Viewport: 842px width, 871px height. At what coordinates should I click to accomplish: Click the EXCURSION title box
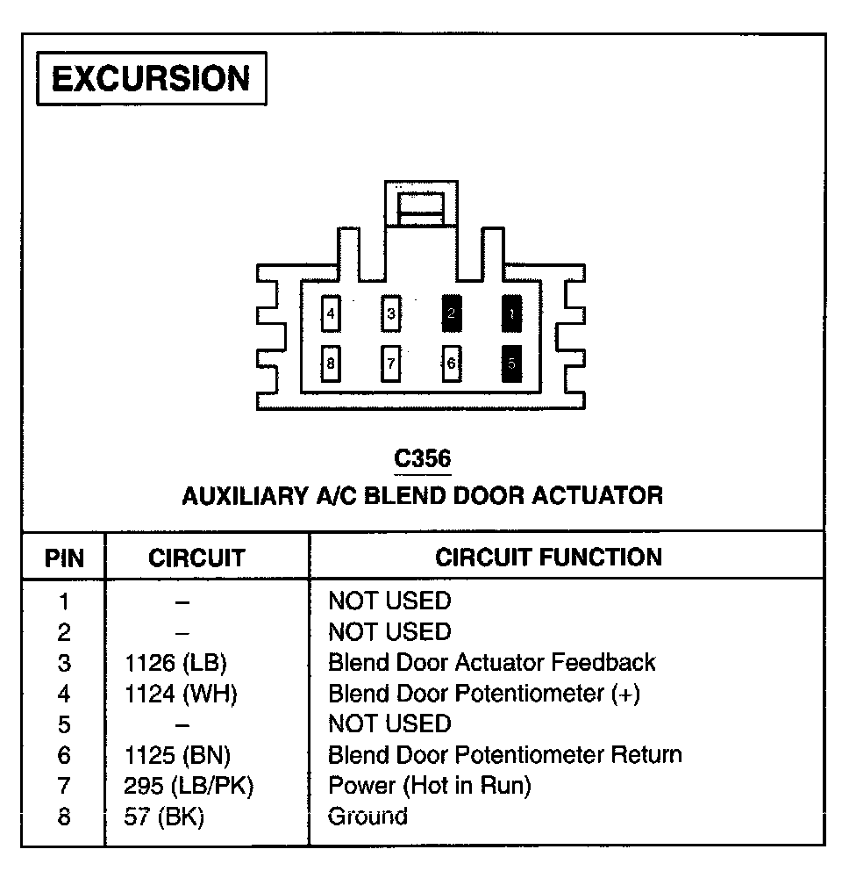click(151, 78)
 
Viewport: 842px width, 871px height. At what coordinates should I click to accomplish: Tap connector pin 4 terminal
click(331, 313)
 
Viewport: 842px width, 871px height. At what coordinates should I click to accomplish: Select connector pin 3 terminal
click(391, 313)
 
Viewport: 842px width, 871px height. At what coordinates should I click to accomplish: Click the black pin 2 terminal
click(452, 313)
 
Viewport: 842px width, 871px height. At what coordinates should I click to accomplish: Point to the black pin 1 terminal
click(511, 313)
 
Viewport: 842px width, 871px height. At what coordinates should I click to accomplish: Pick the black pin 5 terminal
click(511, 363)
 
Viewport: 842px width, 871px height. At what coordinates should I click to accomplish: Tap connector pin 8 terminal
click(331, 363)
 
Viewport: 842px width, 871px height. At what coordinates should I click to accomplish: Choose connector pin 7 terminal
click(391, 363)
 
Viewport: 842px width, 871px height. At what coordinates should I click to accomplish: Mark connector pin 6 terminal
click(452, 363)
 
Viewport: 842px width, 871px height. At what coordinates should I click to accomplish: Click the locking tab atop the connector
click(421, 208)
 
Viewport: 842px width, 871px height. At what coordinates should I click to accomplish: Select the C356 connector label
click(422, 459)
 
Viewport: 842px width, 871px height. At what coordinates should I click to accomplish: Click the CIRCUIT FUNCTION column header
click(548, 557)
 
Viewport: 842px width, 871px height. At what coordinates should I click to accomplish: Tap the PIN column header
click(64, 558)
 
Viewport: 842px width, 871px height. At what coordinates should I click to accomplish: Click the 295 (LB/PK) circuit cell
click(189, 786)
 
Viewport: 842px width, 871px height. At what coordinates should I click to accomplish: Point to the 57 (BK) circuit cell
click(164, 817)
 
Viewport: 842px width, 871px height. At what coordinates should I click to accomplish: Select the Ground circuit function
click(367, 817)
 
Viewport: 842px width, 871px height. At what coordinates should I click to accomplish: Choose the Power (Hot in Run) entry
click(430, 786)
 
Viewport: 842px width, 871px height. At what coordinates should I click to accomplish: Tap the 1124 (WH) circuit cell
click(181, 694)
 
